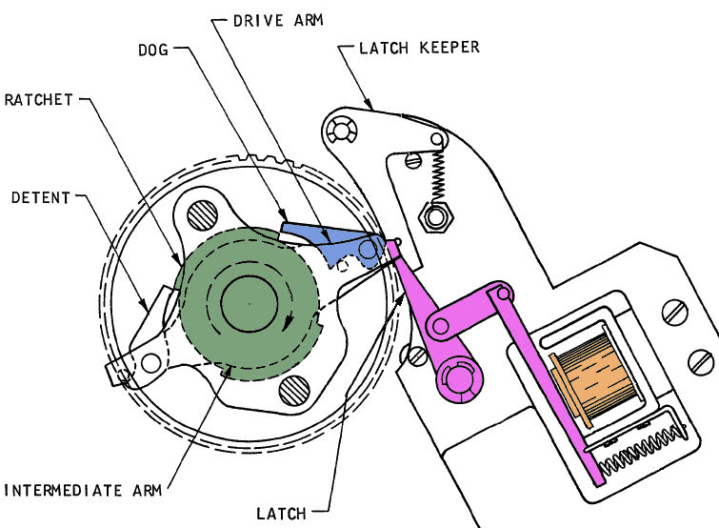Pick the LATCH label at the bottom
pos(281,514)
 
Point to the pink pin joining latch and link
pos(440,326)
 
